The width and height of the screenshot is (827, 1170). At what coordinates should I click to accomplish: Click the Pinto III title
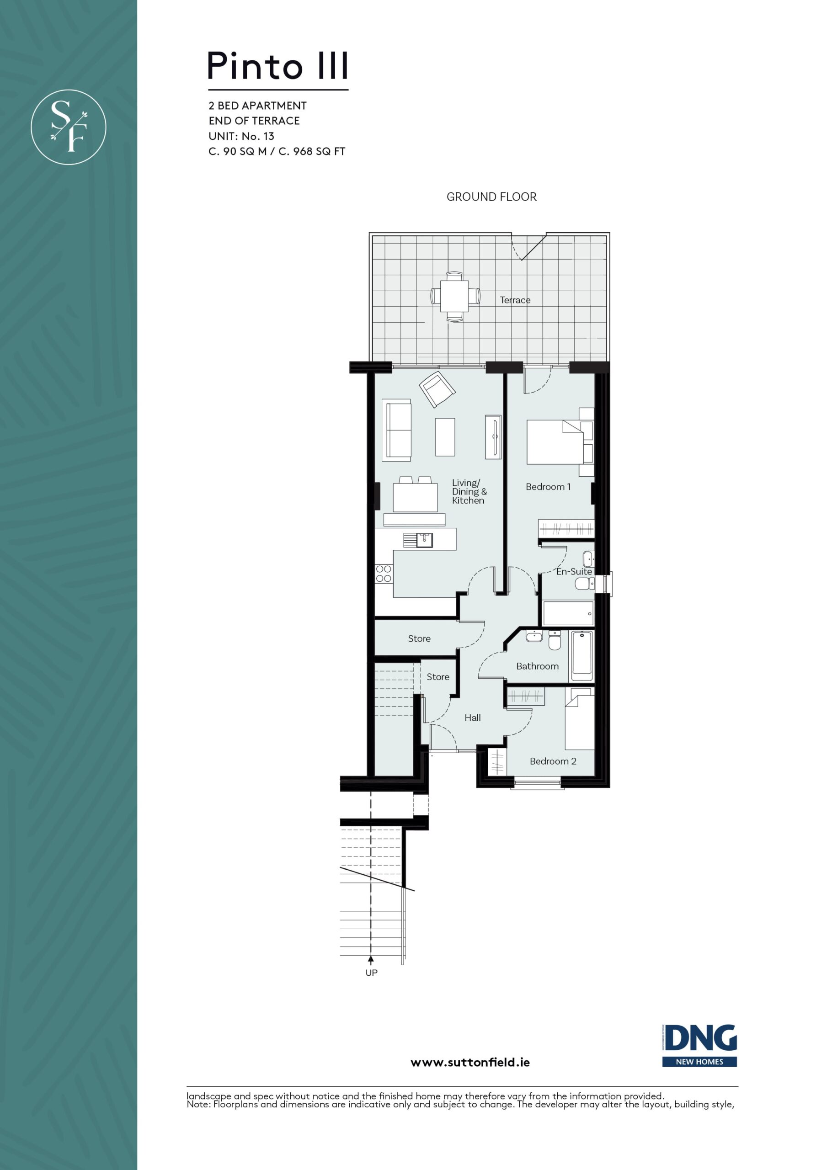[x=278, y=66]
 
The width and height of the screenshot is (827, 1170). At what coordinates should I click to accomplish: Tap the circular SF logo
[x=69, y=127]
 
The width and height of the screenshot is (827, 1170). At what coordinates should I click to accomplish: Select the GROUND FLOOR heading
[x=491, y=197]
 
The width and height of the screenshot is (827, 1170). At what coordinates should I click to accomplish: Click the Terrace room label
[x=515, y=300]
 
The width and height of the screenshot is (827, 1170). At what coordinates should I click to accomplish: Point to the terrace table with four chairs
[x=455, y=297]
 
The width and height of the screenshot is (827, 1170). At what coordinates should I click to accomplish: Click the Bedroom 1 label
[x=548, y=487]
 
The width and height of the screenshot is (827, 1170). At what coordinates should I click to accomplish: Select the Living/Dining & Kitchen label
[x=469, y=491]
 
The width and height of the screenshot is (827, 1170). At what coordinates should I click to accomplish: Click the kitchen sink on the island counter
[x=418, y=540]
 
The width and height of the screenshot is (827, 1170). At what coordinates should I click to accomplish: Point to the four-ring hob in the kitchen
[x=384, y=573]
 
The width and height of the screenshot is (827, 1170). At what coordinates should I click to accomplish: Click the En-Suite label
[x=574, y=571]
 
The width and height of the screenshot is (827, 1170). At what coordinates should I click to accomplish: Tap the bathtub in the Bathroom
[x=582, y=656]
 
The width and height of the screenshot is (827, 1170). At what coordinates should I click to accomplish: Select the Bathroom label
[x=538, y=666]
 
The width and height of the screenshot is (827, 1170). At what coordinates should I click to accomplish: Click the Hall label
[x=473, y=718]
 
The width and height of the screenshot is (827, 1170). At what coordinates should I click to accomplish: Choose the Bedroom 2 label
[x=553, y=761]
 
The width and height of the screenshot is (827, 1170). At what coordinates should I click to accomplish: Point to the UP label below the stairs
[x=371, y=972]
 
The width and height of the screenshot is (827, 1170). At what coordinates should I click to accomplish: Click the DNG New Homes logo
[x=700, y=1045]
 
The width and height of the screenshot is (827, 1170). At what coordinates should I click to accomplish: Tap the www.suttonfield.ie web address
[x=470, y=1063]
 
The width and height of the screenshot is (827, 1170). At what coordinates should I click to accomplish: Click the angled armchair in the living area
[x=437, y=389]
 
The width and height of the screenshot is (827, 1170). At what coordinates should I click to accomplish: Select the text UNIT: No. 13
[x=241, y=136]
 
